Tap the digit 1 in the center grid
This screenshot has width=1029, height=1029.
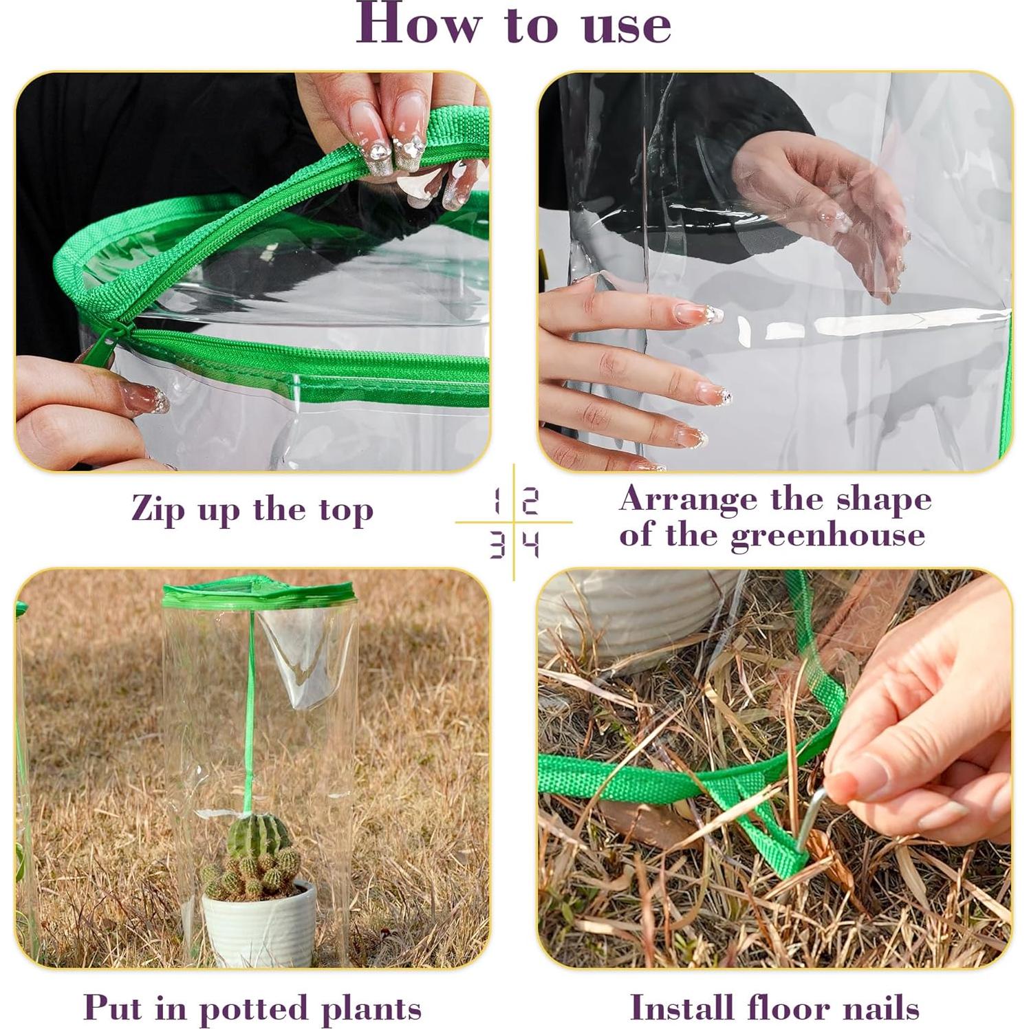point(497,501)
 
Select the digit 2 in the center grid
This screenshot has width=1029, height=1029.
point(530,501)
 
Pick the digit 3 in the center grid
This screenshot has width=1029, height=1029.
point(497,545)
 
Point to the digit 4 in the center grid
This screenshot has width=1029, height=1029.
point(530,545)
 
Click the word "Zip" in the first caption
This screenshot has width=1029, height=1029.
point(158,510)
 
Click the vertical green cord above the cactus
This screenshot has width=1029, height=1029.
point(250,708)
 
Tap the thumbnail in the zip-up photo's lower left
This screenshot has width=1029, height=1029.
point(143,398)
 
